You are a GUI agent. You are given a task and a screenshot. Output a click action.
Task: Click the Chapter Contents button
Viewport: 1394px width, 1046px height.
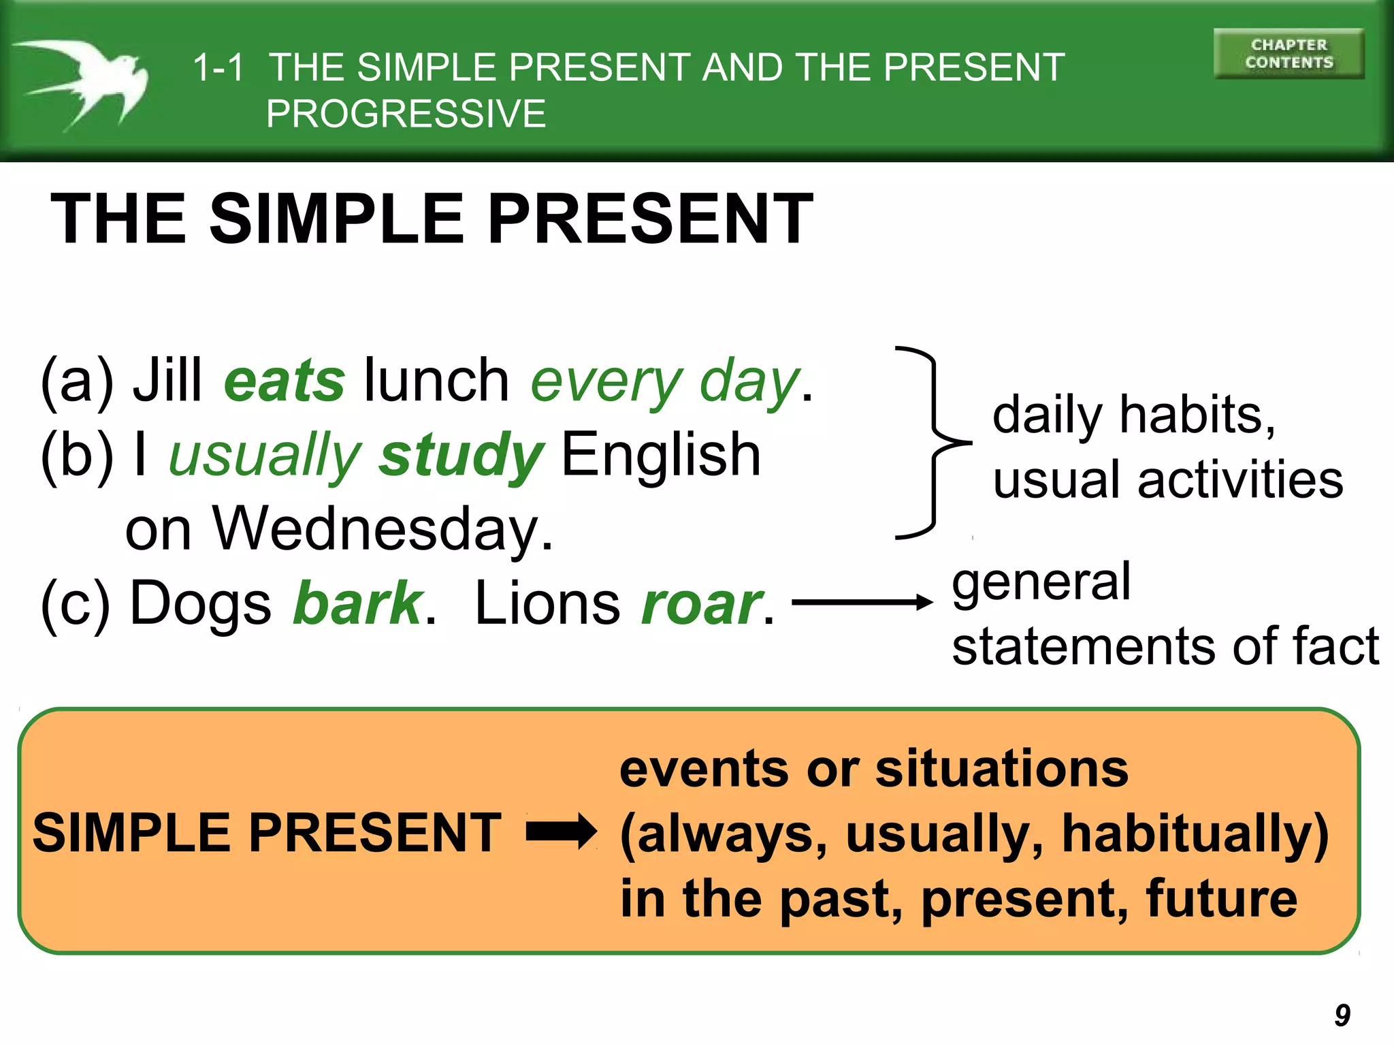(x=1288, y=54)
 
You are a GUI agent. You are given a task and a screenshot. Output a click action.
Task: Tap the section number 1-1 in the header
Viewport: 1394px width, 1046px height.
(x=218, y=67)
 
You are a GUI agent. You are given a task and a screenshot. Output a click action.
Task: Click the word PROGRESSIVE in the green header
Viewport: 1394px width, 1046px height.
(x=406, y=114)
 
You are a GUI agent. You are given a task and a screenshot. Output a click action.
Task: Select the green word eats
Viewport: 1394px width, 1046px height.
(x=285, y=381)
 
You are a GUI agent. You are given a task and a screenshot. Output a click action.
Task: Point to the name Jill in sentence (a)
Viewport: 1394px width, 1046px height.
(x=167, y=380)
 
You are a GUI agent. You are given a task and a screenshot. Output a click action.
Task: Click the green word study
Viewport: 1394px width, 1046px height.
(x=461, y=455)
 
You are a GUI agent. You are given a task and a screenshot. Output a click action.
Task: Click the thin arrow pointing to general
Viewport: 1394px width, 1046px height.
(x=862, y=602)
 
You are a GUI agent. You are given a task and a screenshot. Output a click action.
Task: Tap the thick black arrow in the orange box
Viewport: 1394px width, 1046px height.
(x=561, y=832)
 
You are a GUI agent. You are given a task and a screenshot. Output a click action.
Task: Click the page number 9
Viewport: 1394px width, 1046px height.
(x=1342, y=1015)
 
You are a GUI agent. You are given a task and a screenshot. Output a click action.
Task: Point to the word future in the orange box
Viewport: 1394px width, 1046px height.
(x=1221, y=898)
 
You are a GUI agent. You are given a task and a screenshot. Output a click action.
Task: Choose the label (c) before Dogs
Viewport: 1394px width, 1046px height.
(x=75, y=603)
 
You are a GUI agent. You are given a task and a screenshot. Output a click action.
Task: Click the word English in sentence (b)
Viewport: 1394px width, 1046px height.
(x=660, y=455)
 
